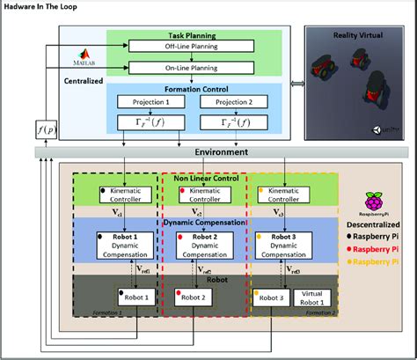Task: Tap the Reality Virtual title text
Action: point(354,34)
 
